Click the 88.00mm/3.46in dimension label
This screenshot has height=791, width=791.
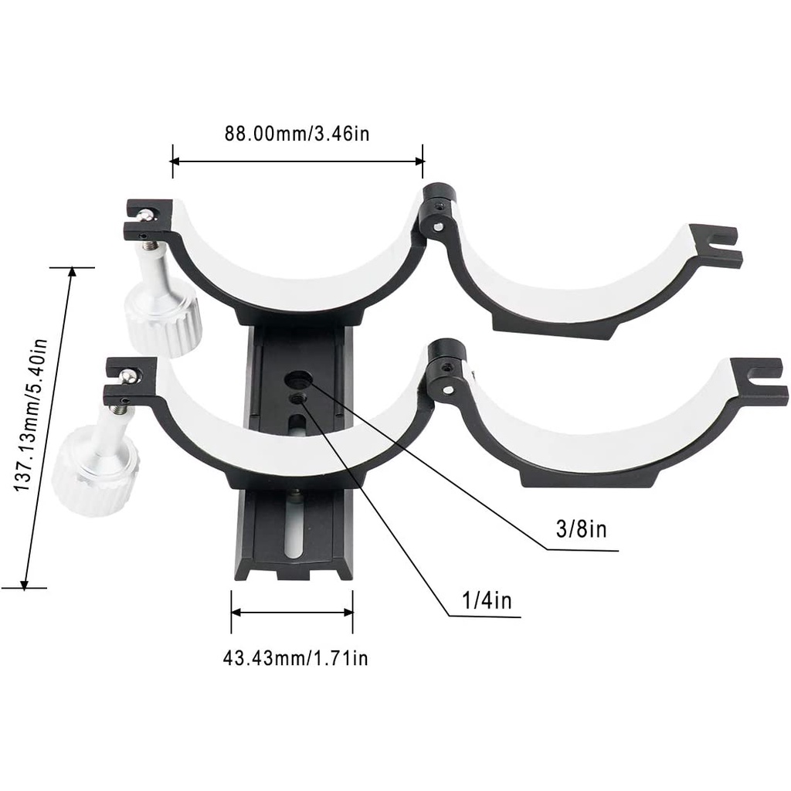coord(297,134)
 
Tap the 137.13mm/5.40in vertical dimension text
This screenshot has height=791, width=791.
coord(31,416)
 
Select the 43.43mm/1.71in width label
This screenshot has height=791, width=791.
coord(295,658)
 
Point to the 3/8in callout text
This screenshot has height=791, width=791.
coord(581,529)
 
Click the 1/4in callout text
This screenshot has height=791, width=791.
coord(487,600)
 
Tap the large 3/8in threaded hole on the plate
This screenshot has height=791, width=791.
coord(296,379)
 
